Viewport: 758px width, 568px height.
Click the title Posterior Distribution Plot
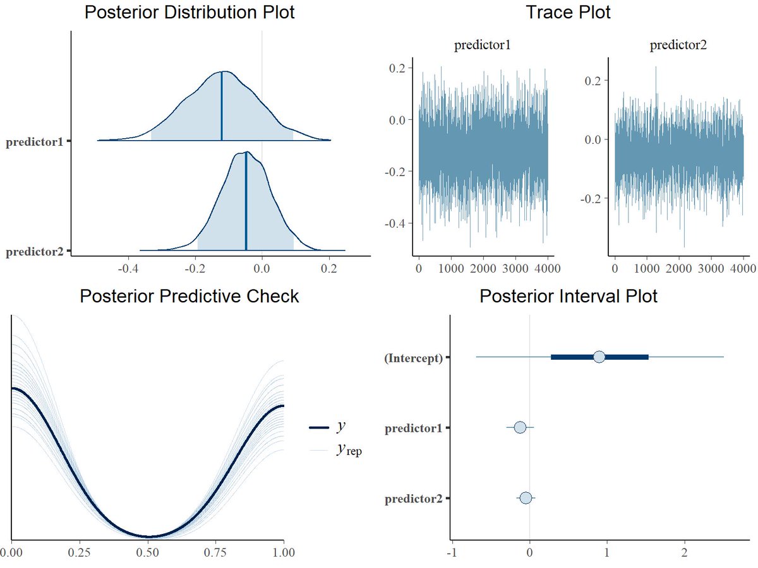[189, 12]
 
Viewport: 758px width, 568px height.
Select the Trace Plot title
[568, 12]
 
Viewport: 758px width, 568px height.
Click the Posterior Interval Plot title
[568, 296]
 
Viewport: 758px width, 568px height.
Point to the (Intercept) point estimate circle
[599, 357]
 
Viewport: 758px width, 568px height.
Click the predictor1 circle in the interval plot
[520, 428]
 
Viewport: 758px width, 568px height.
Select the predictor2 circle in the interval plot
[526, 498]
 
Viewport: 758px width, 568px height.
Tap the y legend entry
[341, 427]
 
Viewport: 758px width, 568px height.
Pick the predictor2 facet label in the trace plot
[679, 45]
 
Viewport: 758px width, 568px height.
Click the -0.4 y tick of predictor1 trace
[398, 223]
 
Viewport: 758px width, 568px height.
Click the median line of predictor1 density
[222, 107]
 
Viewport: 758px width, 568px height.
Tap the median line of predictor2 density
[246, 202]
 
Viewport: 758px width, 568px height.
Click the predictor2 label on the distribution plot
[34, 252]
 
